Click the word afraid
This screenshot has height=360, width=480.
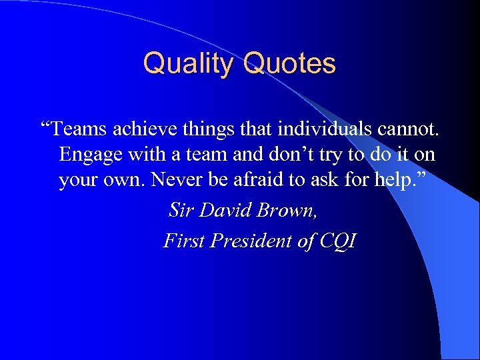(283, 181)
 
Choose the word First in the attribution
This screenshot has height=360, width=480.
(183, 241)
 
